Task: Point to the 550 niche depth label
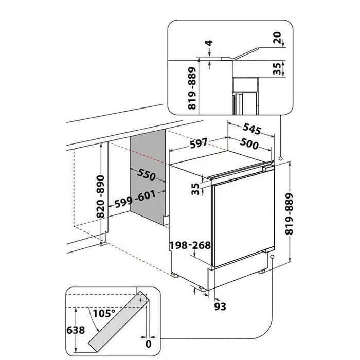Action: pos(146,175)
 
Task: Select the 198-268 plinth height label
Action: pos(190,245)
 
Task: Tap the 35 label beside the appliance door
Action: pos(195,189)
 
